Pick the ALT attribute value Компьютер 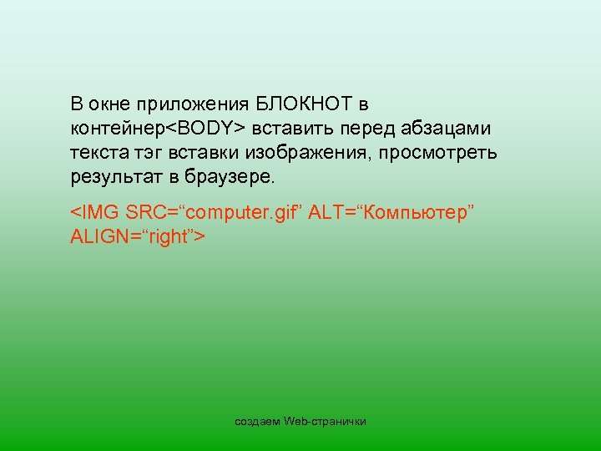tap(415, 214)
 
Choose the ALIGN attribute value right tap(170, 238)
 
